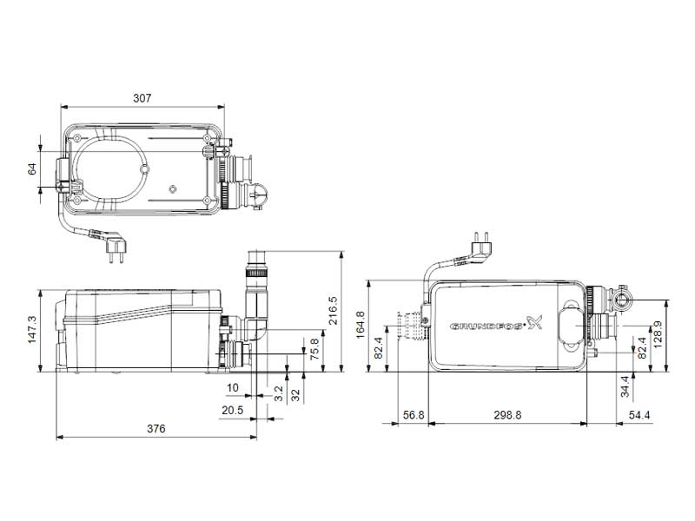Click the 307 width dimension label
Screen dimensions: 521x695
click(141, 99)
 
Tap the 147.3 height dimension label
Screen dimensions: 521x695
click(33, 330)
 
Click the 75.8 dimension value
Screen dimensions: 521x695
click(314, 349)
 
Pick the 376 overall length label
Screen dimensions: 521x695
click(156, 429)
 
